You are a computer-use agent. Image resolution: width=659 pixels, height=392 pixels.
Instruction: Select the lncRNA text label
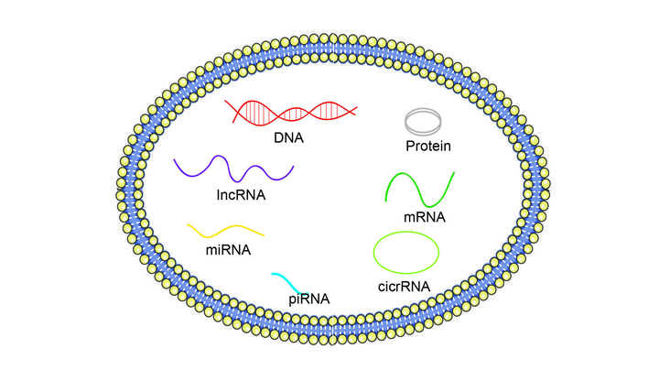[242, 194]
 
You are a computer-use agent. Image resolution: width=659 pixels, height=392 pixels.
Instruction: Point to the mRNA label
[424, 217]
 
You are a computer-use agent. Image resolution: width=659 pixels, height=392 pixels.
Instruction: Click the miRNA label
[221, 247]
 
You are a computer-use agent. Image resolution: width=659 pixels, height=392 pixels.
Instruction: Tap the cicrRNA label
[405, 287]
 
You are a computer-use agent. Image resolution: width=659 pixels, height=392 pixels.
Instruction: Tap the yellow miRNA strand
[225, 229]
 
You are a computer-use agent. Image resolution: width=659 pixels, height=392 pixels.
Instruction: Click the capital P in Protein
[411, 146]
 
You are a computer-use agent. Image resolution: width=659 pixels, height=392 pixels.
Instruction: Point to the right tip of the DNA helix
[355, 111]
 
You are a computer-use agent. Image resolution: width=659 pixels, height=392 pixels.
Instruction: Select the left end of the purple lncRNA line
[175, 161]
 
